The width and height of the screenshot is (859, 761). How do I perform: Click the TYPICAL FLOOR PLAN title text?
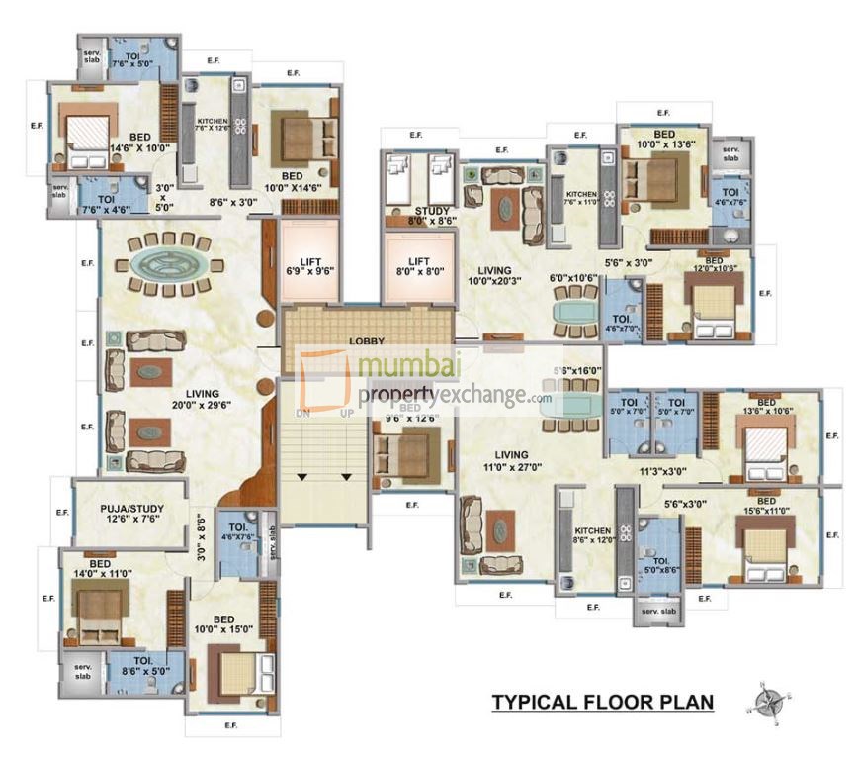click(x=603, y=703)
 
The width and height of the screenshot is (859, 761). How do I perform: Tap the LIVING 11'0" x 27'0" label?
click(x=505, y=461)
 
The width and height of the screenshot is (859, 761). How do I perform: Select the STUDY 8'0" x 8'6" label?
click(x=433, y=216)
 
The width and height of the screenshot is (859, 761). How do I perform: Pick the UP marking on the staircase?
click(x=347, y=413)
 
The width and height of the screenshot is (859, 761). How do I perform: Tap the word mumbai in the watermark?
click(x=405, y=370)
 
